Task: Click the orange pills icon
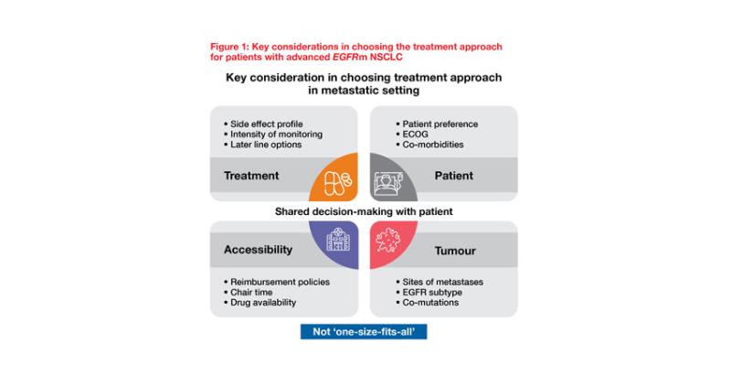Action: [x=338, y=183]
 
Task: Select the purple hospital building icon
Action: [x=338, y=240]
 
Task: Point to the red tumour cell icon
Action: [x=387, y=241]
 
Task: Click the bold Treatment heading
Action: [x=251, y=176]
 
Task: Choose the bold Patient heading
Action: [x=453, y=176]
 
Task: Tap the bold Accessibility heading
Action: [x=258, y=250]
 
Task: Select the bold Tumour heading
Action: [x=455, y=251]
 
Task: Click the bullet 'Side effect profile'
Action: [x=263, y=124]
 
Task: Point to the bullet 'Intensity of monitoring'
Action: [x=272, y=134]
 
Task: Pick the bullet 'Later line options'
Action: [x=262, y=145]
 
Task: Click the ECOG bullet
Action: [x=412, y=134]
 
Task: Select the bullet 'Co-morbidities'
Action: [x=429, y=145]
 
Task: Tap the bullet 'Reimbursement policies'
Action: [x=277, y=282]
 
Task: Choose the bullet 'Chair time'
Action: [x=248, y=292]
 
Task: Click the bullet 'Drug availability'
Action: [x=260, y=303]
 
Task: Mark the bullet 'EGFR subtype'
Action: [x=429, y=292]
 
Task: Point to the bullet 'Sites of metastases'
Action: [x=440, y=282]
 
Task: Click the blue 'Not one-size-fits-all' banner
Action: [x=364, y=332]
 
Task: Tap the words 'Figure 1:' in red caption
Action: [x=229, y=47]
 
